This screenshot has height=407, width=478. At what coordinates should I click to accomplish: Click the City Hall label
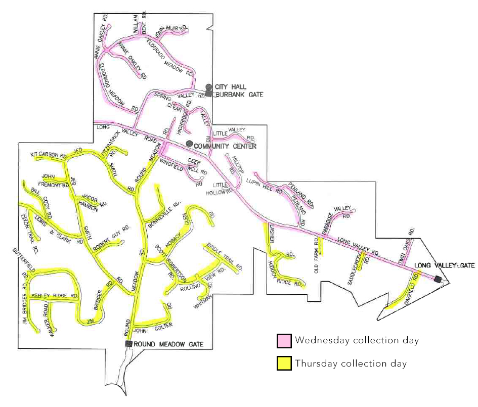click(x=231, y=87)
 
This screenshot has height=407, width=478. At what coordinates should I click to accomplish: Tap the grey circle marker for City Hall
click(x=208, y=87)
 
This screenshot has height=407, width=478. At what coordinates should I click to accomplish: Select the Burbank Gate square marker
click(x=208, y=94)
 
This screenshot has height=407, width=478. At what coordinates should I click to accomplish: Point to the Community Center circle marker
click(x=189, y=144)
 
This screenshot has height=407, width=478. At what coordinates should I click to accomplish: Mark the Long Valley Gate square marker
click(x=438, y=279)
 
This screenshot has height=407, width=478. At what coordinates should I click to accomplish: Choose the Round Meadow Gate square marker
click(x=129, y=344)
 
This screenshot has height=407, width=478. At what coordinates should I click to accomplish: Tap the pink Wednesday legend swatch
click(x=284, y=341)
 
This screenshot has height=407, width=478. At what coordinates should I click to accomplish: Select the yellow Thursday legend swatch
click(x=284, y=364)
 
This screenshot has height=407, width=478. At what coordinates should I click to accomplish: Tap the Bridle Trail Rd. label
click(x=224, y=258)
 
